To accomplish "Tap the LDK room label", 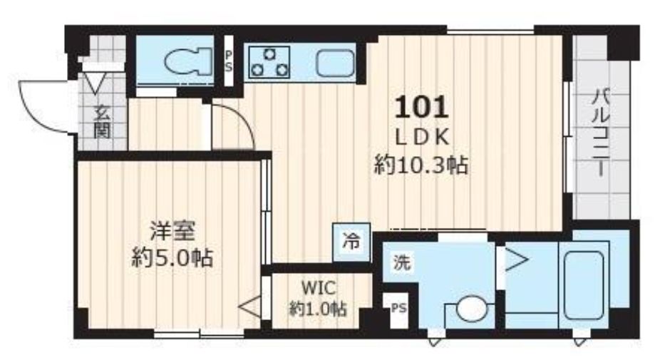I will point(421,138).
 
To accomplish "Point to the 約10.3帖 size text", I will point(421,166).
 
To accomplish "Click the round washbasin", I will point(470,311).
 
